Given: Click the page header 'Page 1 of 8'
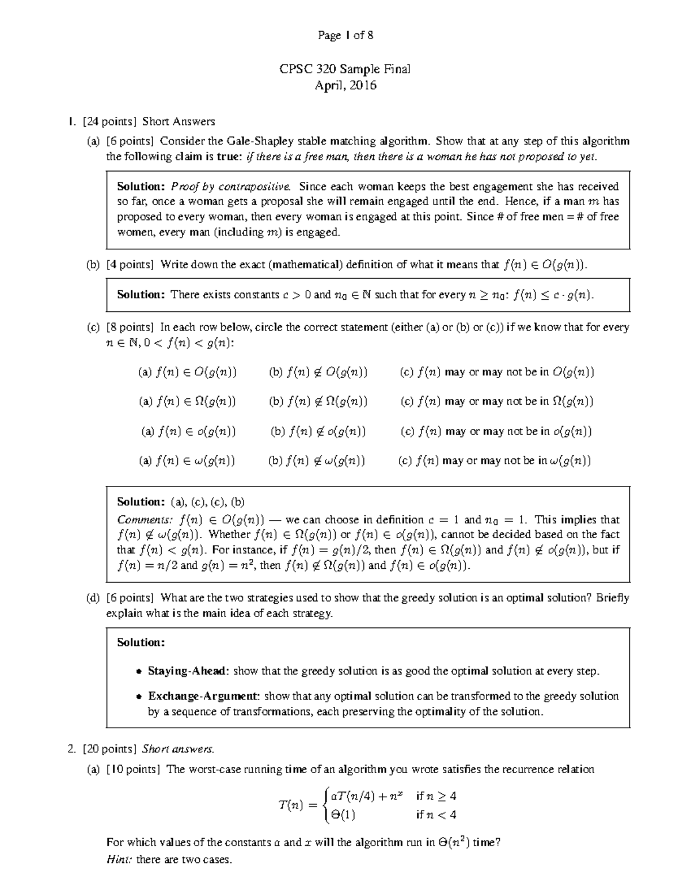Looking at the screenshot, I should pyautogui.click(x=345, y=36).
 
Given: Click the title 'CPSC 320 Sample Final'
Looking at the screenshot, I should pyautogui.click(x=345, y=70).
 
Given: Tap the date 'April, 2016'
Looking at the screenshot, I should pyautogui.click(x=345, y=86).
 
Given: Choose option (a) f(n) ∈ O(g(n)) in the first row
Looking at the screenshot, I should pyautogui.click(x=187, y=372).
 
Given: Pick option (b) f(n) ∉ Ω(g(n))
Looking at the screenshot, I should pyautogui.click(x=318, y=401).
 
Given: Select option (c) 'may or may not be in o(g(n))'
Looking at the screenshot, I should pyautogui.click(x=496, y=431).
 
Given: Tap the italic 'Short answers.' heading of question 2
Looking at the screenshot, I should pyautogui.click(x=178, y=749).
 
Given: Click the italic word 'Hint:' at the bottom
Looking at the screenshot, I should pyautogui.click(x=119, y=860).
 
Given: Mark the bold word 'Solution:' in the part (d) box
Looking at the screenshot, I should pyautogui.click(x=141, y=642).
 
